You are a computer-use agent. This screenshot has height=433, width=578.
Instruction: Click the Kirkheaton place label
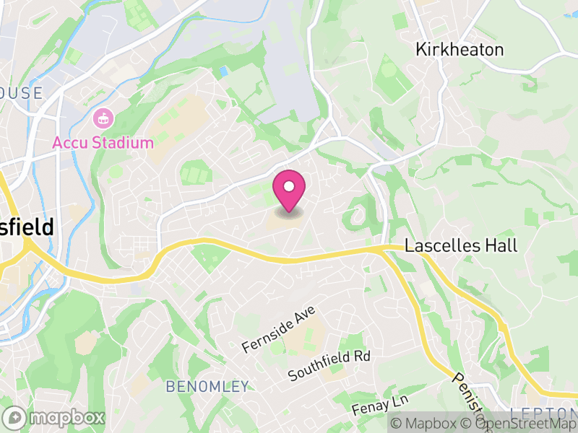(459, 49)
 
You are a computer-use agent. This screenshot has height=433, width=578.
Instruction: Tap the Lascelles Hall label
(461, 245)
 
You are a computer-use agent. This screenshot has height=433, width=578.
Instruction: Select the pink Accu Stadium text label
(103, 142)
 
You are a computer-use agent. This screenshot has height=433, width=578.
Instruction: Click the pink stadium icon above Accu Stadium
(103, 118)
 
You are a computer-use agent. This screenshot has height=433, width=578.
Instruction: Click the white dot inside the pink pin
(289, 187)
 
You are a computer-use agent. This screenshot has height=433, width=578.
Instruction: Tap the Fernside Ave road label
(279, 329)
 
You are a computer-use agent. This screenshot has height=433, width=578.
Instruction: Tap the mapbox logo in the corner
(54, 417)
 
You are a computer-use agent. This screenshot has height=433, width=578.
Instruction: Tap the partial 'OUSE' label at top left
(22, 92)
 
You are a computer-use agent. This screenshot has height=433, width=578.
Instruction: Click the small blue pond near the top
(223, 71)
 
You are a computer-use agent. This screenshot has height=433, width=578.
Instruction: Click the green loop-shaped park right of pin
(355, 214)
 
